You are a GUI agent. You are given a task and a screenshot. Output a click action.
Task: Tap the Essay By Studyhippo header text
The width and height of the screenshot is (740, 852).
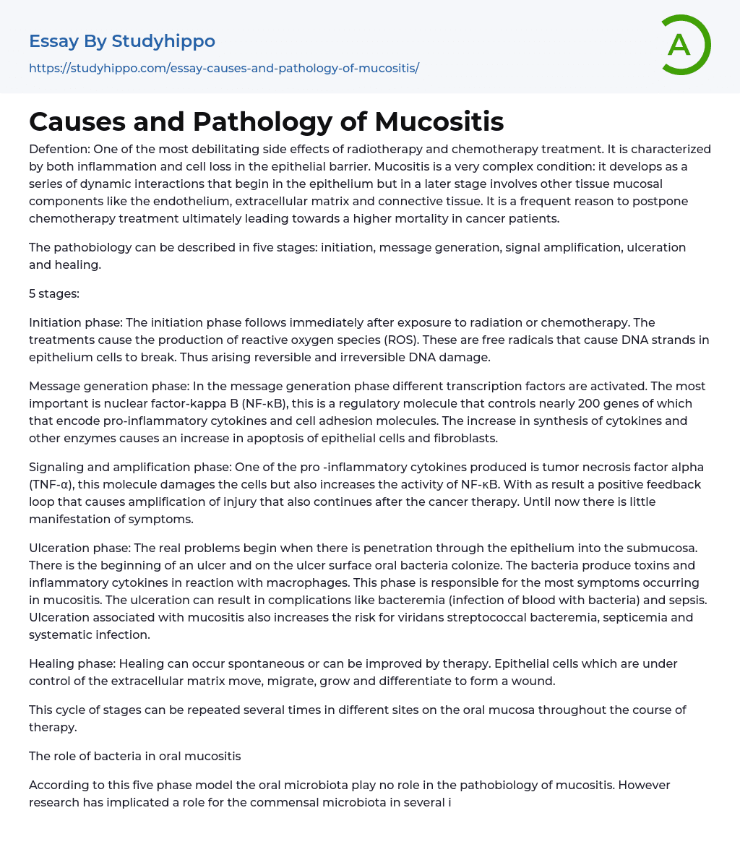pos(122,41)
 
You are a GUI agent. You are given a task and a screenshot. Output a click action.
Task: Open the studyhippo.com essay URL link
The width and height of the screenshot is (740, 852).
pos(224,68)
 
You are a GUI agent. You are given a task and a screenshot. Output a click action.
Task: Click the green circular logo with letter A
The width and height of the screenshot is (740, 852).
pos(681,45)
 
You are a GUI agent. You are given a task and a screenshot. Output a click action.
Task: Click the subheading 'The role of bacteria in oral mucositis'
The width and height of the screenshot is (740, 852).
pos(135,756)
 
